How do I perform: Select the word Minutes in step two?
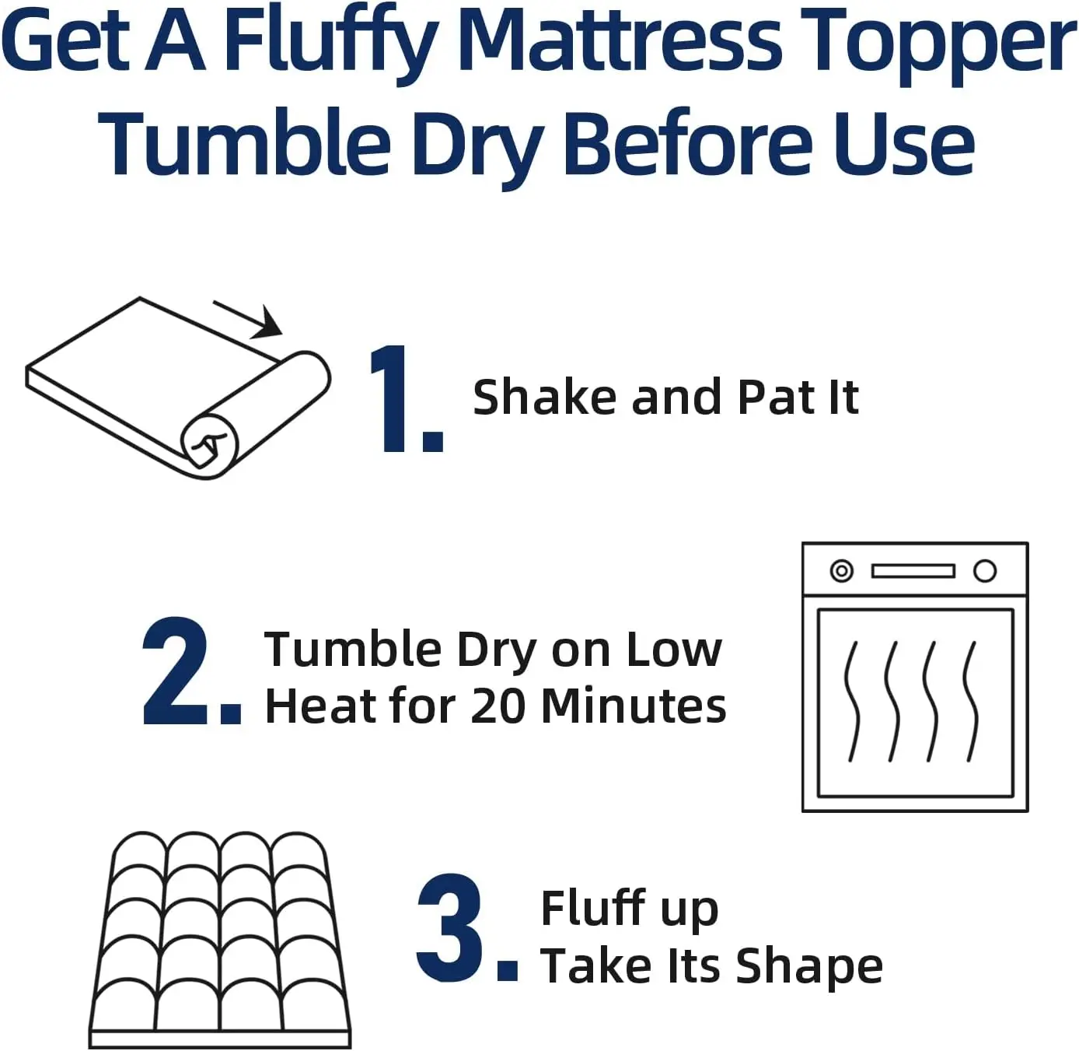pos(634,706)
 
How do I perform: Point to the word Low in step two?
pos(674,649)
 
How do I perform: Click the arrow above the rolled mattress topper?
pos(249,319)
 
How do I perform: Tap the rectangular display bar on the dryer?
pos(913,571)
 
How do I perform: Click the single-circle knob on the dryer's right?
pos(985,571)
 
